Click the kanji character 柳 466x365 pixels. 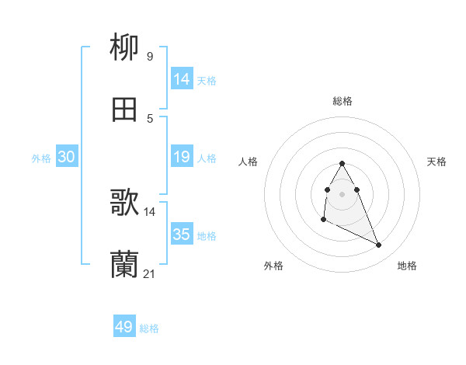click(x=124, y=47)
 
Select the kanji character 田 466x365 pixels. click(x=124, y=109)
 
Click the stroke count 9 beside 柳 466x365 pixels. click(x=149, y=56)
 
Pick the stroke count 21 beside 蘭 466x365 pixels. click(x=149, y=273)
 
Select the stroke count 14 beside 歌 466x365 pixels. click(x=149, y=211)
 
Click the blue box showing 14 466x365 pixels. click(x=181, y=79)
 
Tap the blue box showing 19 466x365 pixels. click(x=181, y=157)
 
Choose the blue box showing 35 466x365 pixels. click(x=181, y=235)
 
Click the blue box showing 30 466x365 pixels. click(x=66, y=157)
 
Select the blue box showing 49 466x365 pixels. click(x=124, y=327)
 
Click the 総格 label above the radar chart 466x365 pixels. click(x=343, y=101)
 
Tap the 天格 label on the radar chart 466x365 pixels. click(x=436, y=162)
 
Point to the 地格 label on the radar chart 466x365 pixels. click(x=407, y=266)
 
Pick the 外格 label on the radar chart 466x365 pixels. click(x=273, y=266)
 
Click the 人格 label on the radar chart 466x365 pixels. click(x=249, y=162)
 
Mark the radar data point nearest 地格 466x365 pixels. click(x=379, y=245)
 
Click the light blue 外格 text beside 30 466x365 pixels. click(x=41, y=158)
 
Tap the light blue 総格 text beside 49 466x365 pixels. click(x=149, y=328)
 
